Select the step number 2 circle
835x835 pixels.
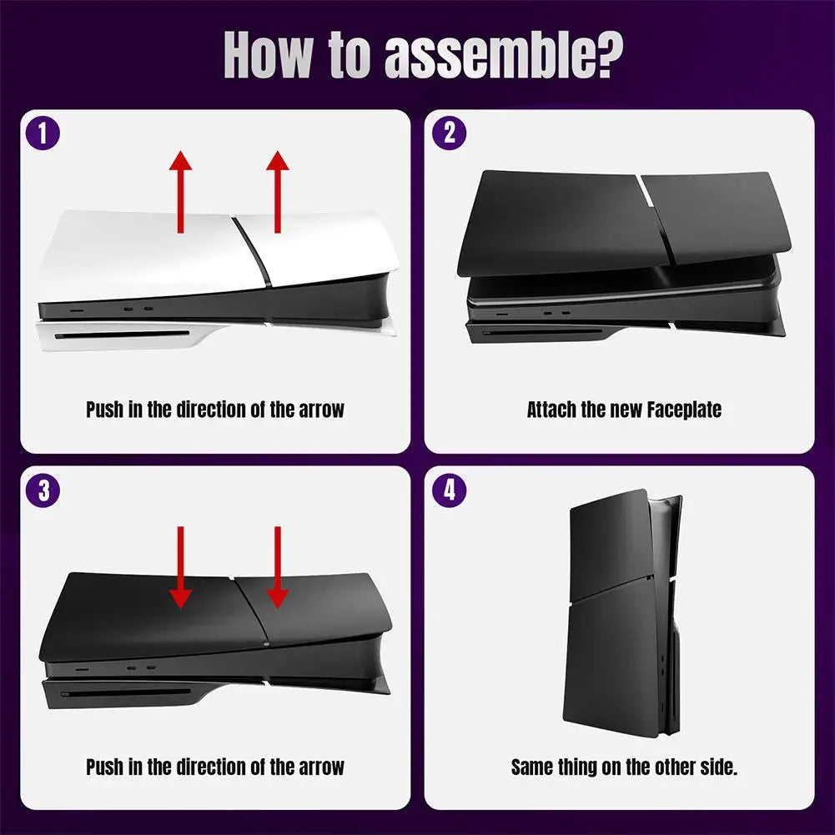click(450, 133)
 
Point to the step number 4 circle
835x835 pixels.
click(450, 490)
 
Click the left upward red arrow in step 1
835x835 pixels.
click(180, 192)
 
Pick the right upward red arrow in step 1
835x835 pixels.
click(278, 192)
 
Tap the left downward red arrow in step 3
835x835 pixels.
click(180, 567)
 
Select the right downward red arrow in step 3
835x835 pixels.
click(278, 567)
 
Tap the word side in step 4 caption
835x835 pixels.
click(717, 767)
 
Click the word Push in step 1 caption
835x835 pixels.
click(106, 410)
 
